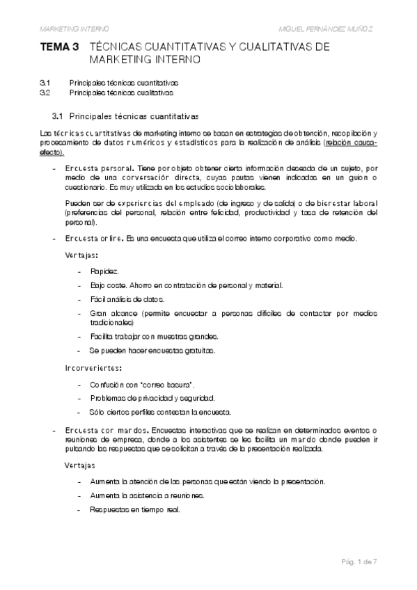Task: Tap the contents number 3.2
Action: (45, 92)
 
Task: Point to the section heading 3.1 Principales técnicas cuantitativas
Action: (125, 114)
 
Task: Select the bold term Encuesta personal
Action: (100, 168)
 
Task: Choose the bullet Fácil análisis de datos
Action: (127, 299)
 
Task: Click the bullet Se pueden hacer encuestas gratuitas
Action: (152, 350)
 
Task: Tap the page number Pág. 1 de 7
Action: (359, 561)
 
